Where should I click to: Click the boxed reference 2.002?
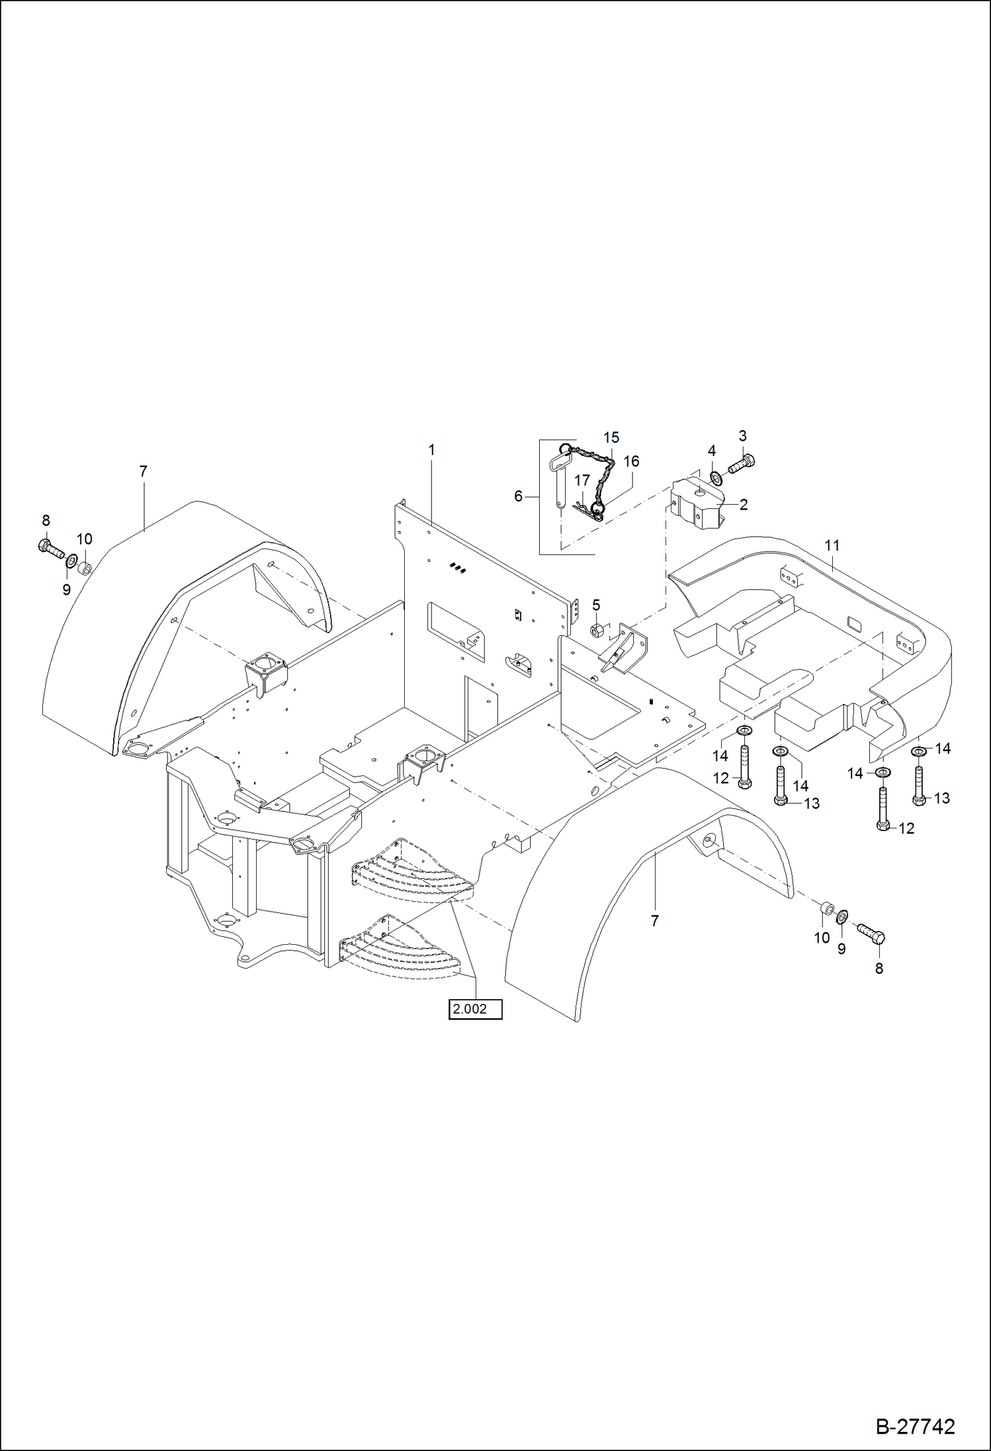coord(475,1009)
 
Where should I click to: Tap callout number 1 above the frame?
coord(431,450)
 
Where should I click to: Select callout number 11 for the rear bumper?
coord(832,545)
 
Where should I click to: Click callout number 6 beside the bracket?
coord(519,496)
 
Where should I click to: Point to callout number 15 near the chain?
coord(611,437)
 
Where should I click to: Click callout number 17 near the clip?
coord(582,481)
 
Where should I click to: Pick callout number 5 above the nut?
coord(596,605)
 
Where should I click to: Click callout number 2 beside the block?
coord(743,505)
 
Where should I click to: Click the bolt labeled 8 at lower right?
coord(871,934)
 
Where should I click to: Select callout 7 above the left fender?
coord(143,472)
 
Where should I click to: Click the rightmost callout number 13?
coord(941,798)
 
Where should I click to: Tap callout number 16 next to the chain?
coord(631,461)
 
